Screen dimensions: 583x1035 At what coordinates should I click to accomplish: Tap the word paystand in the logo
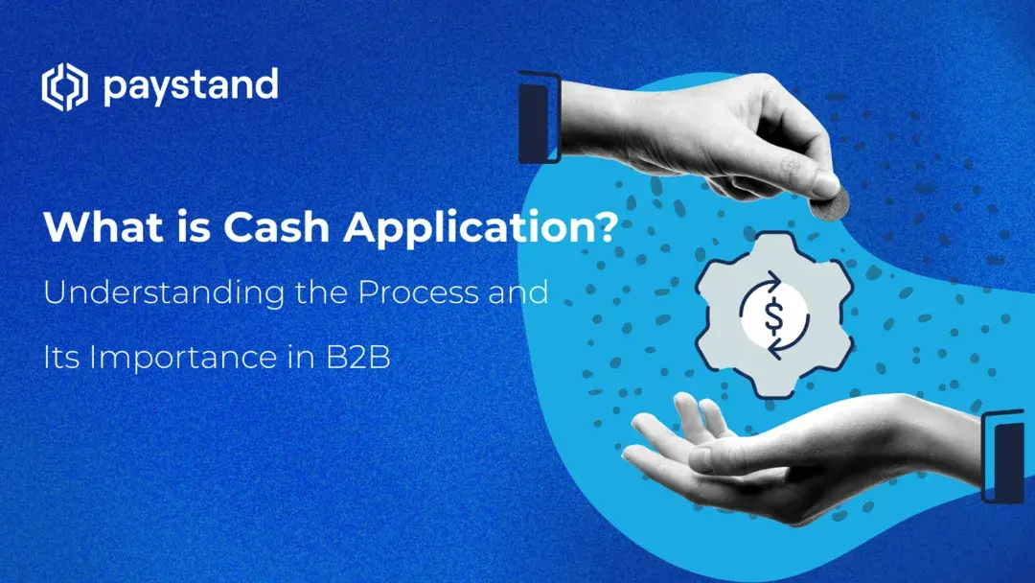(x=190, y=87)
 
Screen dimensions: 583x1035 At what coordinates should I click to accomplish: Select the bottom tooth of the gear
(x=771, y=385)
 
